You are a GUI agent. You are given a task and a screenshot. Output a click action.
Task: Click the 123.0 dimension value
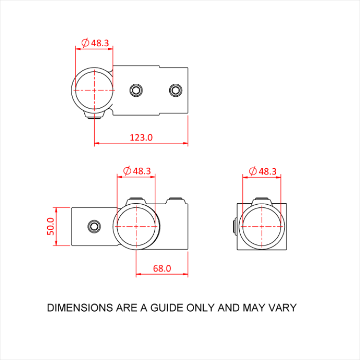coord(141,137)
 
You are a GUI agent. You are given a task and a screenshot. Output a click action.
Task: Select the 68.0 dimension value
coord(161,268)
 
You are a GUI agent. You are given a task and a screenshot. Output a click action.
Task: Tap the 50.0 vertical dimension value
coord(50,226)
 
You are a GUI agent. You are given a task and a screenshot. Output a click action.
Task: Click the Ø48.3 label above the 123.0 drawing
coord(95,43)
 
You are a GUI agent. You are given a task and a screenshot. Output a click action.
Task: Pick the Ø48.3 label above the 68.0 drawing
coord(137,171)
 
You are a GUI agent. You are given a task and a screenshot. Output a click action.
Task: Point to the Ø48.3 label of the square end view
coord(262,171)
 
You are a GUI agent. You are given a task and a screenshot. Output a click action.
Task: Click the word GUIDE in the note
coord(164,308)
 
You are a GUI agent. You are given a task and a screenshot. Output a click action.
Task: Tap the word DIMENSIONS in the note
coord(79,308)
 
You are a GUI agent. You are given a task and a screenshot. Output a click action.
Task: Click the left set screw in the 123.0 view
coord(136,91)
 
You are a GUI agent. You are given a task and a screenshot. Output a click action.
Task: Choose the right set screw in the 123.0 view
coord(175,91)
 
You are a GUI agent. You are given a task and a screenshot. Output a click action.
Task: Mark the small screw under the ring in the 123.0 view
coord(94,117)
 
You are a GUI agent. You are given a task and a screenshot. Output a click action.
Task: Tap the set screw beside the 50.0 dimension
coord(94,226)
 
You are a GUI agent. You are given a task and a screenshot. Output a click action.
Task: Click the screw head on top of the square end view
coord(262,200)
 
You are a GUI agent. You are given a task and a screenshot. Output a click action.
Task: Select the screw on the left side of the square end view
coord(235,226)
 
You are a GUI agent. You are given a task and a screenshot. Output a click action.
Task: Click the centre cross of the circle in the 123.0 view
coord(95,90)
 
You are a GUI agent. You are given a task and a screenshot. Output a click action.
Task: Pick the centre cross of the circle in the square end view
coord(262,226)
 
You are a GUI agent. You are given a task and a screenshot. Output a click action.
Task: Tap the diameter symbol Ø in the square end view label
coord(253,171)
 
